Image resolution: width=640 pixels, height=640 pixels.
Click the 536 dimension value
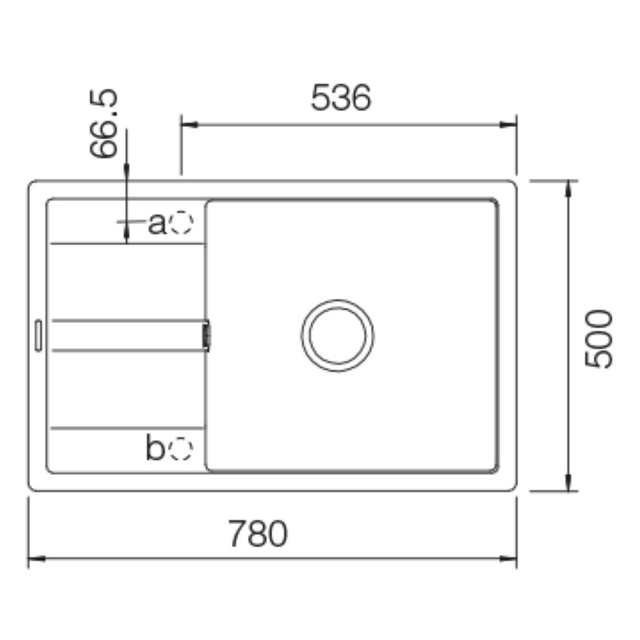341,97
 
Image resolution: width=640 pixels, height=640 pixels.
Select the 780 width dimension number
258,534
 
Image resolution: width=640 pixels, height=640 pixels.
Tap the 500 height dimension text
598,338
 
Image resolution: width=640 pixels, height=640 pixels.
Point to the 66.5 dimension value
104,123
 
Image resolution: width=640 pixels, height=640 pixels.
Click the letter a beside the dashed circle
157,224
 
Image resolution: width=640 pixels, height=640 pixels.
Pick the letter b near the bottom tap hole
155,448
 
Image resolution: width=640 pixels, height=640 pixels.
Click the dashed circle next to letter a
181,223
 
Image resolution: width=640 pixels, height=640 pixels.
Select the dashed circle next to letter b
181,448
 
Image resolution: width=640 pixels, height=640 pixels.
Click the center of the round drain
337,335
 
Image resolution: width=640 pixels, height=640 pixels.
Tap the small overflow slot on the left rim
38,335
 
